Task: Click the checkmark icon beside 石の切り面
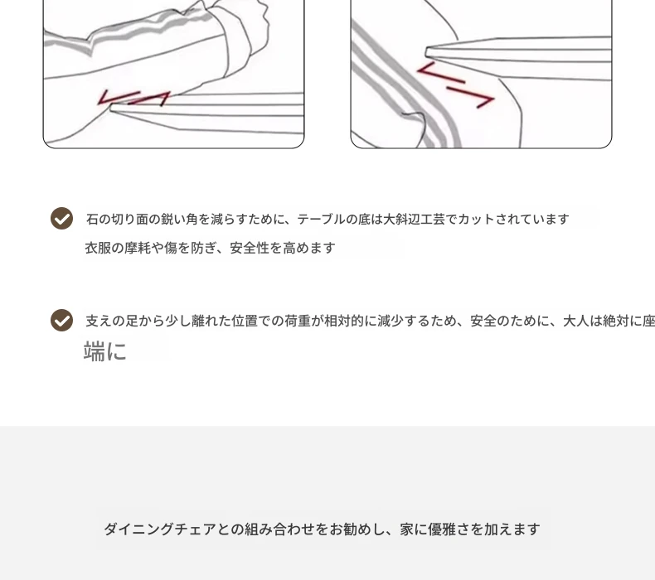point(62,219)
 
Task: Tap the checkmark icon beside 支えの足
point(62,321)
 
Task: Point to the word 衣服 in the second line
point(98,248)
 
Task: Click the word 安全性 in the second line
point(250,248)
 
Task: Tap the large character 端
point(95,350)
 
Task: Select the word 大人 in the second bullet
point(576,321)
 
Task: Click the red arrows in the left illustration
point(133,99)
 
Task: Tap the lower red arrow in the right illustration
point(471,97)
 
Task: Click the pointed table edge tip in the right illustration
point(426,52)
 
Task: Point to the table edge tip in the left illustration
point(111,109)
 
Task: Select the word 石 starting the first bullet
point(92,220)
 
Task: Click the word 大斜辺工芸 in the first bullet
point(414,220)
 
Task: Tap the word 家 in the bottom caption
point(407,529)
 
